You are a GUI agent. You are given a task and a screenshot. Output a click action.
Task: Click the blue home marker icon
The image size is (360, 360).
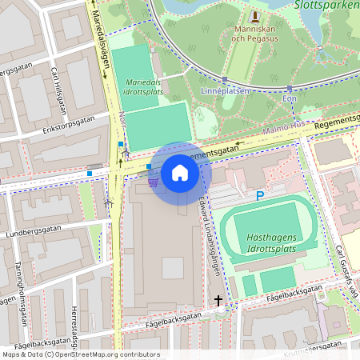pyautogui.click(x=180, y=173)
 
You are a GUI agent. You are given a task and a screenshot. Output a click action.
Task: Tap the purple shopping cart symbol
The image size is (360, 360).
pyautogui.click(x=152, y=182)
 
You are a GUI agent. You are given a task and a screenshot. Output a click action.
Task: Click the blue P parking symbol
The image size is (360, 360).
pyautogui.click(x=259, y=196)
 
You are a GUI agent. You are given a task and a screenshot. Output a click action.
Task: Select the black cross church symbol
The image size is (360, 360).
pyautogui.click(x=218, y=301)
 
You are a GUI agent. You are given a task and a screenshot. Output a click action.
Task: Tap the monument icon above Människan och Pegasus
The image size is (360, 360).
pyautogui.click(x=255, y=15)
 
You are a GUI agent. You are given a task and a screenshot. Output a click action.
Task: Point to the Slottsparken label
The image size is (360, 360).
pyautogui.click(x=326, y=5)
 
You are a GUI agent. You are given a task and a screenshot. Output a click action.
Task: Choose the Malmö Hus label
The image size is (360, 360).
pyautogui.click(x=285, y=126)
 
